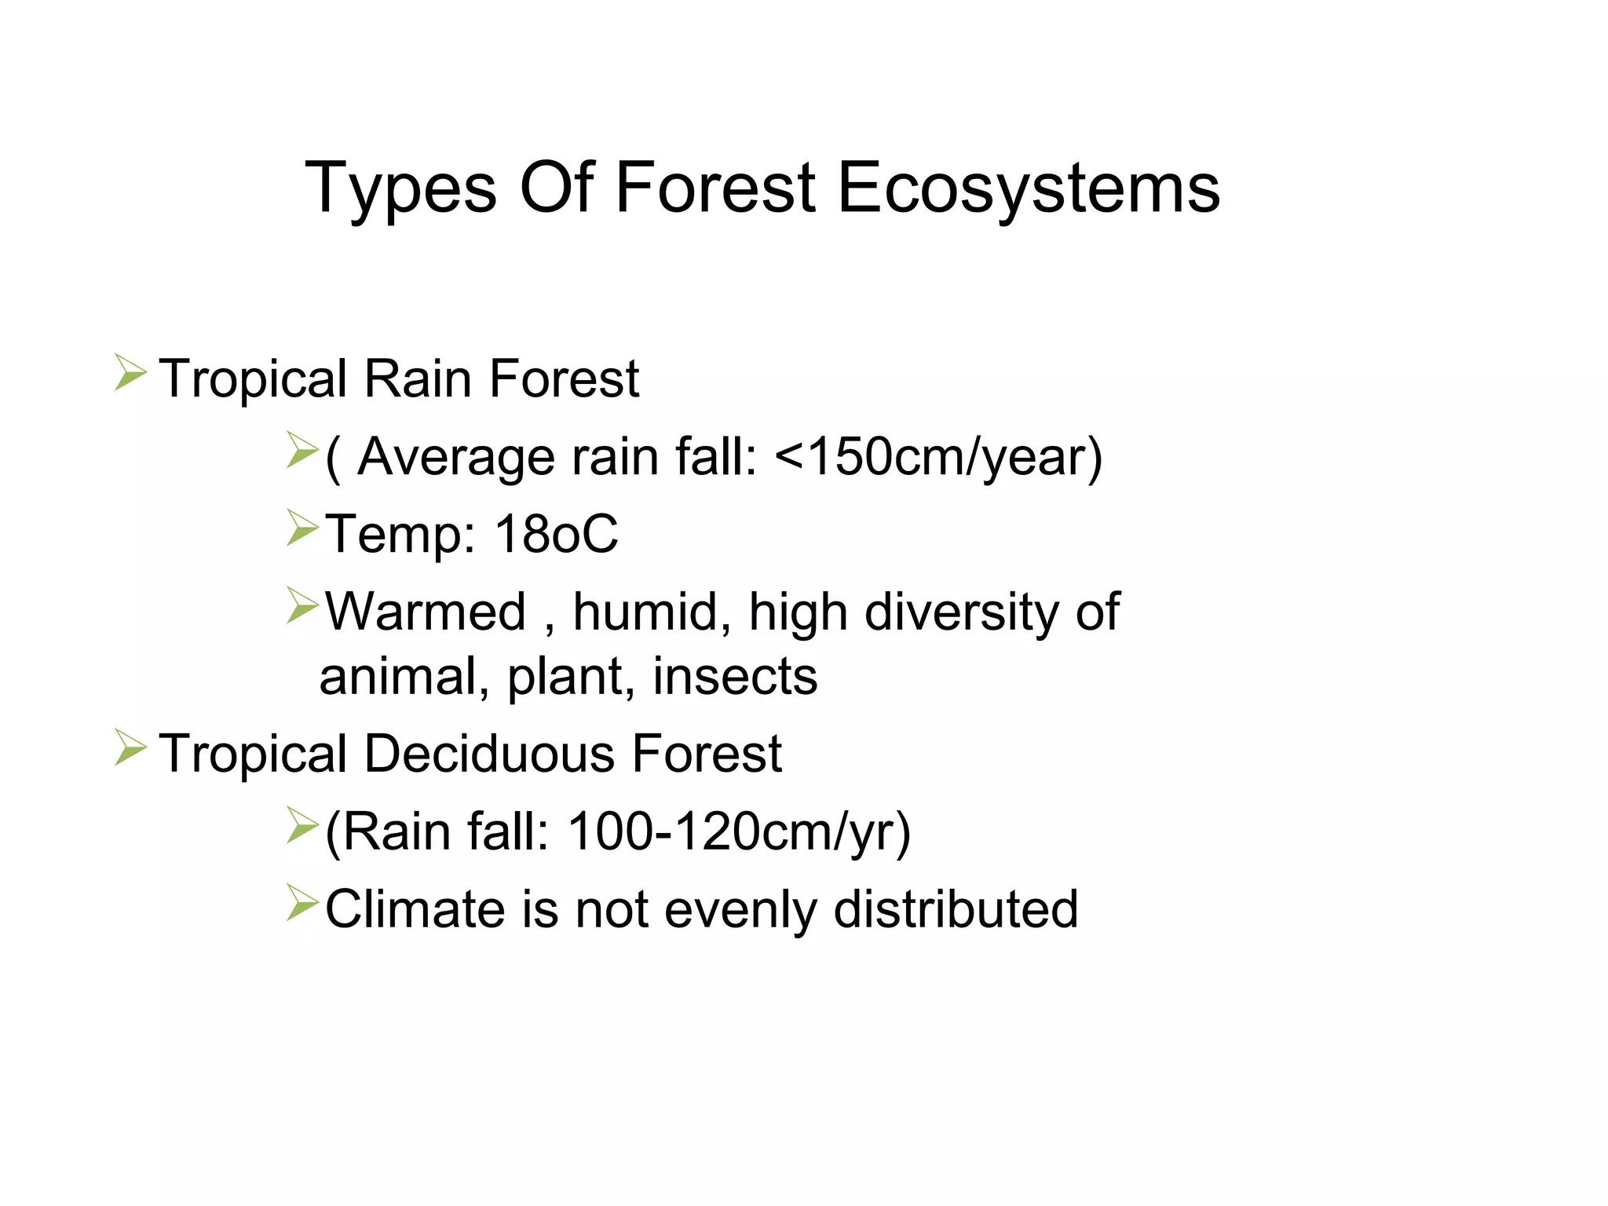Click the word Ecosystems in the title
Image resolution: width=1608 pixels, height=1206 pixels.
[x=1029, y=188]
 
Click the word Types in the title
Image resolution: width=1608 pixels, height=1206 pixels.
[x=400, y=188]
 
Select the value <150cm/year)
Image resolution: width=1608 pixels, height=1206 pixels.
[x=938, y=457]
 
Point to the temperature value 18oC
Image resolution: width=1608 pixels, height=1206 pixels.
[x=556, y=535]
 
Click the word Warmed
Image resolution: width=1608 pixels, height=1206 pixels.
[x=425, y=612]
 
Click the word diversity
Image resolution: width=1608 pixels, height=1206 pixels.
[x=962, y=612]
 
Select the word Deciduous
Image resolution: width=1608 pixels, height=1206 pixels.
[x=490, y=754]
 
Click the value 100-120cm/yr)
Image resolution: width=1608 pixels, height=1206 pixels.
[x=739, y=831]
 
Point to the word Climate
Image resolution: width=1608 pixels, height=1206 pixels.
[x=415, y=909]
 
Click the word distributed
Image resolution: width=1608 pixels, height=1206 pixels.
[x=956, y=909]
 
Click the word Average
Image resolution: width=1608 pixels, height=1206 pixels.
[x=455, y=457]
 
